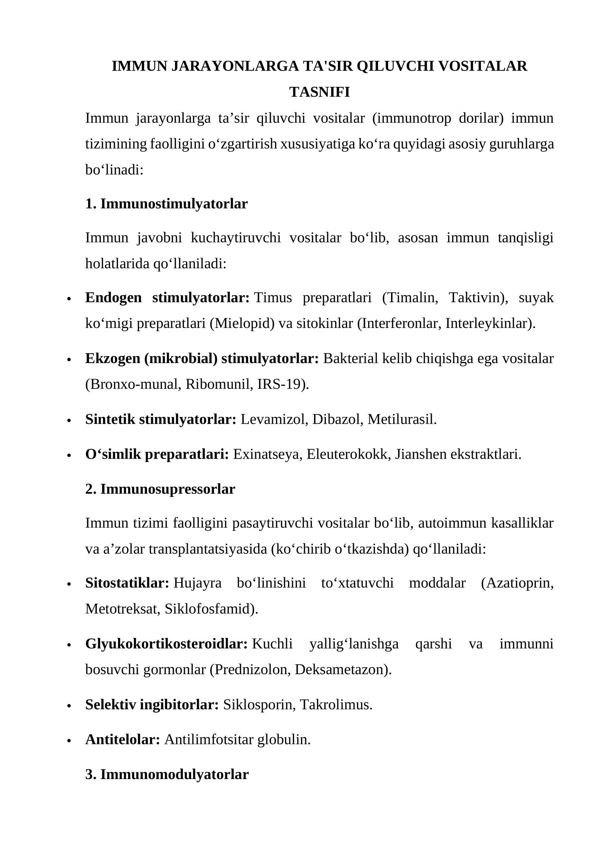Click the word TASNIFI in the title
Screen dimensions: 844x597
click(319, 92)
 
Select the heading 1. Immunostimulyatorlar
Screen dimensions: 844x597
click(166, 204)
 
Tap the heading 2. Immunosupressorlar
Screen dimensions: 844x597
click(160, 489)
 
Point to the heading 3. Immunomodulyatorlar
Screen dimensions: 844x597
click(167, 774)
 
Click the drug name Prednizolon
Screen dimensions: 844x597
click(252, 669)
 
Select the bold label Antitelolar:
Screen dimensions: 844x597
click(122, 739)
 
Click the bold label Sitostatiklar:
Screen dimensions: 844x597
click(127, 583)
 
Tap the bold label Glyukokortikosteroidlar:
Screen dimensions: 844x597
click(166, 644)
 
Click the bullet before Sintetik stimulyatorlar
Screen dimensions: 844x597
click(69, 421)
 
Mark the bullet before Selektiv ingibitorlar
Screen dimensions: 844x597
click(69, 706)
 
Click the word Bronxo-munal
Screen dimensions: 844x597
click(133, 384)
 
